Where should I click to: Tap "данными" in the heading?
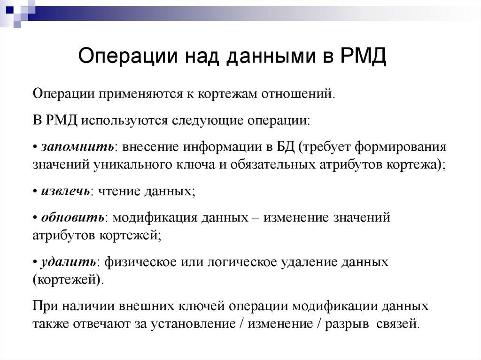(x=273, y=57)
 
